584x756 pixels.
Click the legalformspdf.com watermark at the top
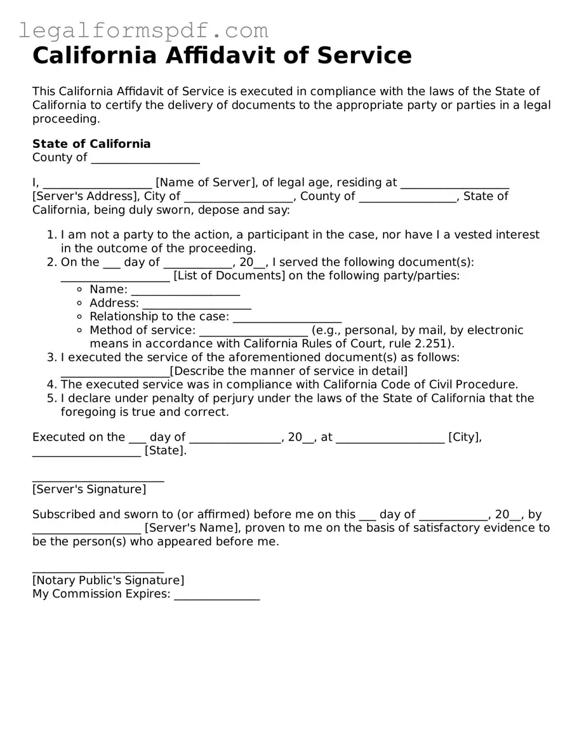click(143, 30)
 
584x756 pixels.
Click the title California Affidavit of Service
click(222, 56)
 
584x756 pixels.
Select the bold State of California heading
click(91, 143)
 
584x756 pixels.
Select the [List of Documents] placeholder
click(229, 275)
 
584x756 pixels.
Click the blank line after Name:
click(185, 291)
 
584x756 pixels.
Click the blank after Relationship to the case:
click(287, 317)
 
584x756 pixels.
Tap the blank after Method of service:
click(253, 331)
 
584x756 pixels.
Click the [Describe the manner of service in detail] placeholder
click(289, 371)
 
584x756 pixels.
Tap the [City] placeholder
click(465, 437)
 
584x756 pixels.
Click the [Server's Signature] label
click(89, 489)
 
